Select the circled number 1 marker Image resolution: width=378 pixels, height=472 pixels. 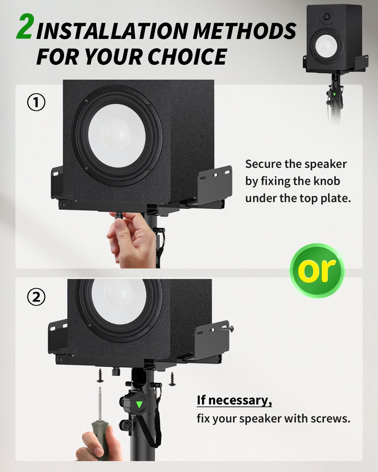point(36,102)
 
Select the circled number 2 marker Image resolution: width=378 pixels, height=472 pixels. point(36,297)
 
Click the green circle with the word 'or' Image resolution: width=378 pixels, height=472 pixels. point(317,271)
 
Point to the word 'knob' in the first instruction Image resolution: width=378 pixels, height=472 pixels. point(327,181)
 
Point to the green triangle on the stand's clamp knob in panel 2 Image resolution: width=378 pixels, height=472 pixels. point(139,404)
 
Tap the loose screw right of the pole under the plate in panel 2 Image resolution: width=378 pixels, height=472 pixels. point(172,379)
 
